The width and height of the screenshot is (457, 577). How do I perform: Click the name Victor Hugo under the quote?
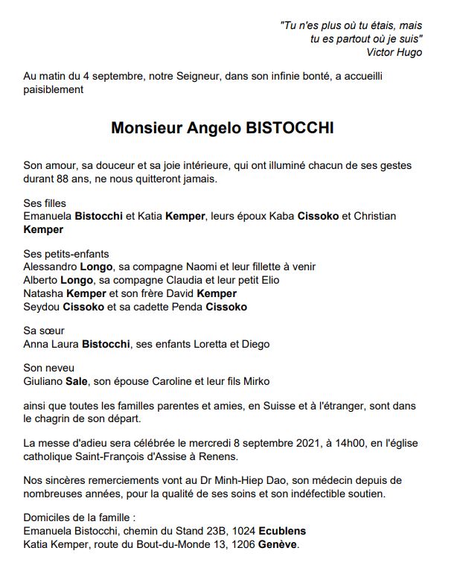click(394, 52)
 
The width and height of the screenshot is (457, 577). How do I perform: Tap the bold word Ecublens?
click(281, 532)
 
